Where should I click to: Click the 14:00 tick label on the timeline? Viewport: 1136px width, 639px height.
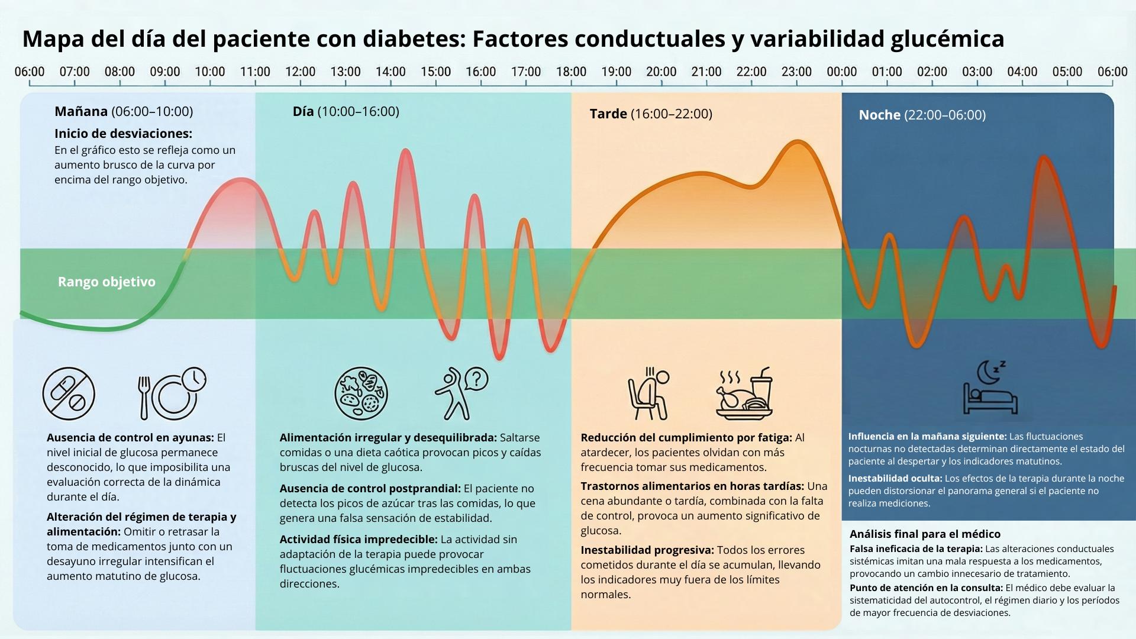[x=390, y=72]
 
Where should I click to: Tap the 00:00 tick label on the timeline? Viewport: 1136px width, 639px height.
[x=841, y=72]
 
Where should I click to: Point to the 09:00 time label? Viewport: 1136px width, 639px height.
[x=164, y=72]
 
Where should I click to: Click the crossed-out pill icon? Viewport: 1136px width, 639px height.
[x=69, y=394]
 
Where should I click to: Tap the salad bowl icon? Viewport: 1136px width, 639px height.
[x=361, y=393]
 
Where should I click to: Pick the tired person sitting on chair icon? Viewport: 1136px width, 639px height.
[x=648, y=393]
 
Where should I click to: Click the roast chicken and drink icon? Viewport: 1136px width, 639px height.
[x=744, y=393]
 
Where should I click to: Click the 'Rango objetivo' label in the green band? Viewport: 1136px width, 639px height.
[x=106, y=282]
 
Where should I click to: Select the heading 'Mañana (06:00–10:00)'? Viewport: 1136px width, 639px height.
[x=124, y=111]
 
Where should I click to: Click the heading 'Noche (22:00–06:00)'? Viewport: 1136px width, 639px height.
[x=922, y=115]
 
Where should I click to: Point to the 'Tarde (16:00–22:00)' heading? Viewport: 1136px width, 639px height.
[x=651, y=114]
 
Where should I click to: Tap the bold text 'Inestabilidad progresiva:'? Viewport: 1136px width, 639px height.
[x=647, y=550]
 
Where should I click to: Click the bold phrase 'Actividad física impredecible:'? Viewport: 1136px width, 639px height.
[x=359, y=539]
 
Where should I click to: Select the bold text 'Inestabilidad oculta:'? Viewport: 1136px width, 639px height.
[x=895, y=478]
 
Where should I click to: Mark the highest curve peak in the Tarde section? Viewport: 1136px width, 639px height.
[x=797, y=141]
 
